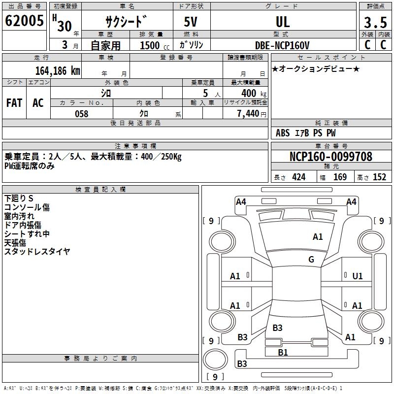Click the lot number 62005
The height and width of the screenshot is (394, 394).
point(24,21)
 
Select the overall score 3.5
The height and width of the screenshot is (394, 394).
point(375,22)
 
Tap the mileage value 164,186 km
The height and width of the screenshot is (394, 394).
point(58,71)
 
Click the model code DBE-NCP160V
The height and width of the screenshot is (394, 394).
point(282,45)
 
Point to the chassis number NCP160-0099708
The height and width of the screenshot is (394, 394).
point(331,157)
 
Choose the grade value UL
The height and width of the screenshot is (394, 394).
point(283,22)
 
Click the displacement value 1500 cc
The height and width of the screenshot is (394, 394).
point(155,45)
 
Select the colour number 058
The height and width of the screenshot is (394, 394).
point(82,114)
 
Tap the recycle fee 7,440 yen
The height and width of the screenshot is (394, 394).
point(252,114)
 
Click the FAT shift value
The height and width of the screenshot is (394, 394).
point(14,103)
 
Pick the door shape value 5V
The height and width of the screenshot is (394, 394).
point(191,22)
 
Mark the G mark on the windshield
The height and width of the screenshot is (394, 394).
point(311,260)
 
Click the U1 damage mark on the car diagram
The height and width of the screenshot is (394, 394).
point(358,276)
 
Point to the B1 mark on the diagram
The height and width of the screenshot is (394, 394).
point(283,353)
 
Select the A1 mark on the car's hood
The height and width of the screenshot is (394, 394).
point(318,237)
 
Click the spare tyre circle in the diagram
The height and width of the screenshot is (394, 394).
point(215,360)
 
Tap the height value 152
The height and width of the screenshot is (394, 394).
point(379,177)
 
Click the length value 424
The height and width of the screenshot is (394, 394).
point(299,177)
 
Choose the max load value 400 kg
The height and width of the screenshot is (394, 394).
point(254,93)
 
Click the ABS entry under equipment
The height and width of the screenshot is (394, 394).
point(283,133)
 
